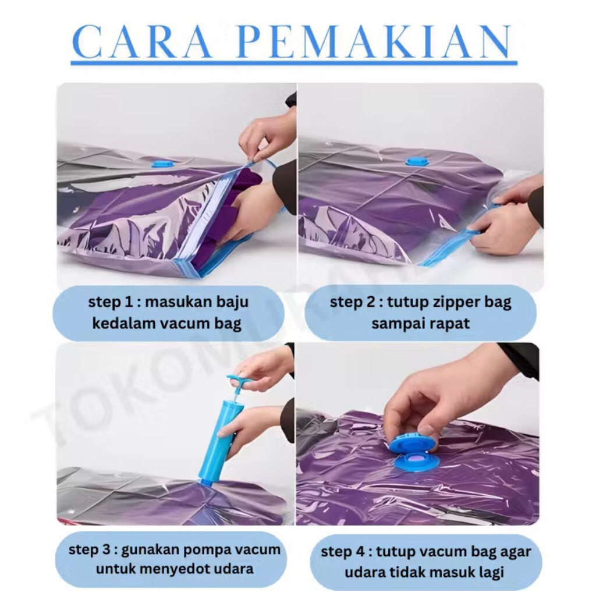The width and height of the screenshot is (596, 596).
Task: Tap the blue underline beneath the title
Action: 294,62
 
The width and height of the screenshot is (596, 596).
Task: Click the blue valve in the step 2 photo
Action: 416,161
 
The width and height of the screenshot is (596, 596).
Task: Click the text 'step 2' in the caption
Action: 347,303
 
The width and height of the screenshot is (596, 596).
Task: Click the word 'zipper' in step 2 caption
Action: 445,303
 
